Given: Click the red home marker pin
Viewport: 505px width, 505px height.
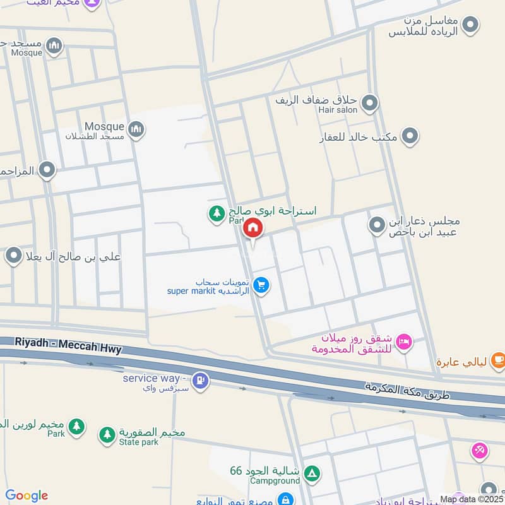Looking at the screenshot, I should pos(252,228).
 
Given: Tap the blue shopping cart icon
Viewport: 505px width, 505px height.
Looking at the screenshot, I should pos(261,287).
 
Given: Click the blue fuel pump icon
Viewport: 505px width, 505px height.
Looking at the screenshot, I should pos(201,381).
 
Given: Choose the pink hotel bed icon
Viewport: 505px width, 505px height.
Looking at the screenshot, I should pos(404,343).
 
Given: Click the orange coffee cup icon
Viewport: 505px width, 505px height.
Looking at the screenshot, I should pos(497,360).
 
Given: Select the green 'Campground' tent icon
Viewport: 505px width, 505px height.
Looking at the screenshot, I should pos(311,473).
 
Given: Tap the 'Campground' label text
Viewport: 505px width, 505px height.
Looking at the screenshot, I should pos(275,481).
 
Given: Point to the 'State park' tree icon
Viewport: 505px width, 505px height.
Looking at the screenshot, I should pos(107,435).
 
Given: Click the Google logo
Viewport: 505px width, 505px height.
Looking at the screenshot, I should pos(27,496).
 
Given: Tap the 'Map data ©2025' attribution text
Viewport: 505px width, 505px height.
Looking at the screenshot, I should pos(472,499).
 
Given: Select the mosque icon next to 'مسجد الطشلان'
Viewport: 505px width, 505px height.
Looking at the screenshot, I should pos(136,131).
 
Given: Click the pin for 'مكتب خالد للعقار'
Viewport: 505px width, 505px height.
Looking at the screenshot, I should pos(410,136).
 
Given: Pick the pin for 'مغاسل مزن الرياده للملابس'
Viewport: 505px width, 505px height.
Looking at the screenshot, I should pos(470,25).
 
